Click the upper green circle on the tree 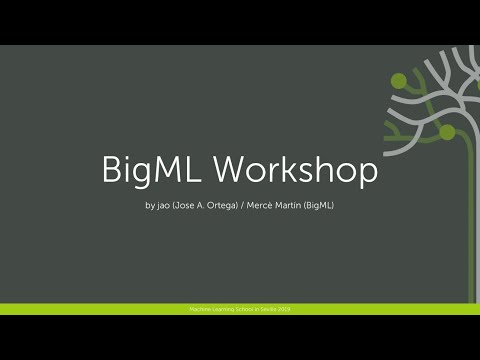click(x=397, y=80)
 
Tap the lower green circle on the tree click(x=447, y=132)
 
